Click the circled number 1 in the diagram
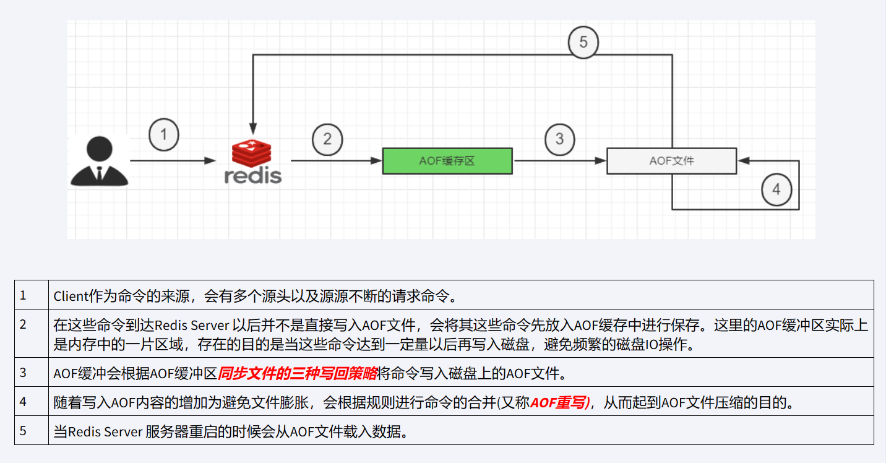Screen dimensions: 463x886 164,134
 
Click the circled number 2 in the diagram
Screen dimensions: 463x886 327,139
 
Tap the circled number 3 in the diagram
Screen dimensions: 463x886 559,138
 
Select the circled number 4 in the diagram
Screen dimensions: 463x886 776,189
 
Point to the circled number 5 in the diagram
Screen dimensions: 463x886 583,43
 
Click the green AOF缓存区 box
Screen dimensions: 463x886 447,161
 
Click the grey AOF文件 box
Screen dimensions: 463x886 671,161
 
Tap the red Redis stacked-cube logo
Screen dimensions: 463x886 251,153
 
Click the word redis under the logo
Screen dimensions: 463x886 252,176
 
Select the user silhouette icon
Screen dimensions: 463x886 99,160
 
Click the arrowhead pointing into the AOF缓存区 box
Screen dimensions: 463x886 377,161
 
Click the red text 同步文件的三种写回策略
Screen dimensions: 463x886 298,373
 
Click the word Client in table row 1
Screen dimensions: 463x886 71,296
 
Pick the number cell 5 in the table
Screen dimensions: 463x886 23,430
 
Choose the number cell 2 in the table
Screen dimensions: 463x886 23,324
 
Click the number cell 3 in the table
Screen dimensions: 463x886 23,372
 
